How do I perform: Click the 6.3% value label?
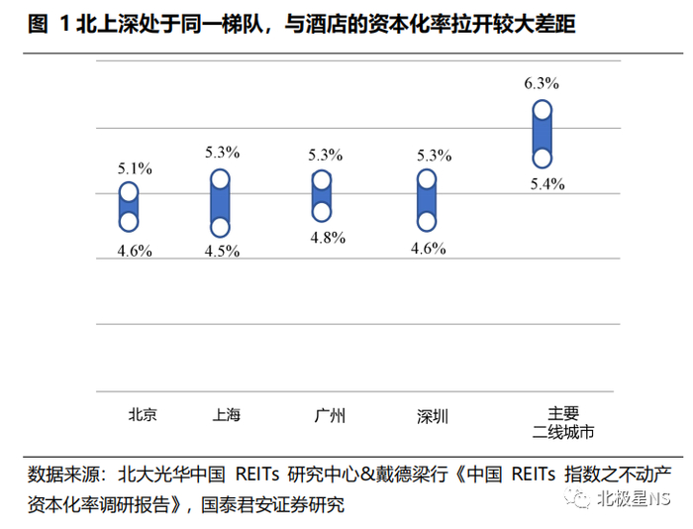tap(542, 83)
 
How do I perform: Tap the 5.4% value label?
tap(547, 183)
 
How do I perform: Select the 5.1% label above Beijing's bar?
tap(135, 168)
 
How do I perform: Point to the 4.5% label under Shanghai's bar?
tap(222, 252)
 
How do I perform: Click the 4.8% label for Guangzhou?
tap(328, 238)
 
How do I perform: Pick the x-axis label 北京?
tap(143, 415)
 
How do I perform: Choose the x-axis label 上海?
tap(227, 415)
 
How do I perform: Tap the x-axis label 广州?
tap(330, 416)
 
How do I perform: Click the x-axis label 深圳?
tap(433, 416)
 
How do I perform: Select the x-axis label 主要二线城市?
tap(563, 423)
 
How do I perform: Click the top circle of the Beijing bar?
tap(129, 193)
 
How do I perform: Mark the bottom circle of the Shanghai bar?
tap(220, 227)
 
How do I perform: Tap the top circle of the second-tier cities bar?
tap(543, 110)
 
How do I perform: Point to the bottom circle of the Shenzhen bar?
tap(427, 222)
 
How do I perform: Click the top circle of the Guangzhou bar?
tap(322, 180)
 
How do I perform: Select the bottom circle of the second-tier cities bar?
tap(543, 158)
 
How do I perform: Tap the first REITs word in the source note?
tap(257, 475)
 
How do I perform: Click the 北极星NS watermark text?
tap(634, 499)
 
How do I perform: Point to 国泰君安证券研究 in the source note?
tap(272, 504)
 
